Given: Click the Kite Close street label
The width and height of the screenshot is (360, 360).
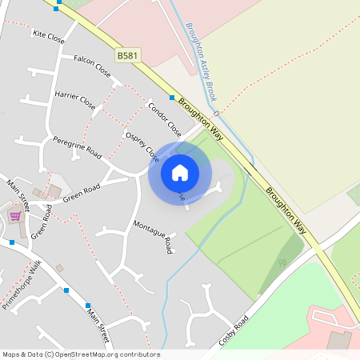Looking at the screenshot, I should click(x=49, y=36).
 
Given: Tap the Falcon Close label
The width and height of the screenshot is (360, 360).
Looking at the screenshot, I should click(x=92, y=65).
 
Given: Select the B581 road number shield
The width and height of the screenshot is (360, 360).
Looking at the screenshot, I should click(x=126, y=56).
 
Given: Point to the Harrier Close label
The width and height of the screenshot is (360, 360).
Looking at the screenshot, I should click(x=75, y=99).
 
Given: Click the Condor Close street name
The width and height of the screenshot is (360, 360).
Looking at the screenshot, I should click(x=165, y=119).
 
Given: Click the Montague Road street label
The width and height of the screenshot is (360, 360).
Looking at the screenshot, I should click(x=153, y=237).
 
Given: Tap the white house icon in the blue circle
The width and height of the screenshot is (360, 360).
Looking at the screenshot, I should click(x=180, y=172).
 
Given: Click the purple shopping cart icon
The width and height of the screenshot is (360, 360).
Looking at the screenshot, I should click(x=15, y=215).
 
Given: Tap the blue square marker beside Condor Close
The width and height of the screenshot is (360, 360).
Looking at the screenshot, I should click(x=171, y=98).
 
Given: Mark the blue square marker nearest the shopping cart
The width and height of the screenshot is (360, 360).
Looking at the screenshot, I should click(x=12, y=242).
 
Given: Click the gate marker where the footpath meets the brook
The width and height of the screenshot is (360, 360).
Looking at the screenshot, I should click(x=216, y=114).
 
